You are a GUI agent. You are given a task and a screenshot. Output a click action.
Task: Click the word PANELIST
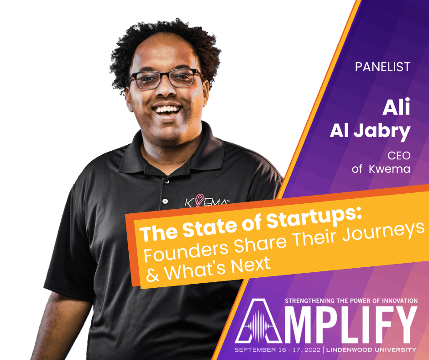[382, 67]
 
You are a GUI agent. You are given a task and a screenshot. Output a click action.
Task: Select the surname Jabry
[382, 132]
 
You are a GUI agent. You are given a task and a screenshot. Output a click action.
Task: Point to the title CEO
[399, 156]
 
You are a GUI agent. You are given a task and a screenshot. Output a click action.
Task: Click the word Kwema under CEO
[389, 169]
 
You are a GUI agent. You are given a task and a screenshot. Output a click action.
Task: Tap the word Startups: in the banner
[314, 221]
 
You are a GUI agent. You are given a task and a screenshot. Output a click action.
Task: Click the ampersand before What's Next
[153, 274]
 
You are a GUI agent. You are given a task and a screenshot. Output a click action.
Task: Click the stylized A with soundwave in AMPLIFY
[258, 321]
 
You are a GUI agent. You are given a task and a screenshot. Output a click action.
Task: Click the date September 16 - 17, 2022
[277, 350]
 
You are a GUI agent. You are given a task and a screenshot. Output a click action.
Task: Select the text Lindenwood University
[371, 350]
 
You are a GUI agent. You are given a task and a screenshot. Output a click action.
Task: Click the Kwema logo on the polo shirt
[206, 201]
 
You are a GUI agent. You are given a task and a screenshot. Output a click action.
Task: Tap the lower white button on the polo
[165, 201]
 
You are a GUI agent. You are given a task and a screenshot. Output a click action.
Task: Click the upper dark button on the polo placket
[167, 181]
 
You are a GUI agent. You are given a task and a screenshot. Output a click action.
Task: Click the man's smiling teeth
[167, 110]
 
